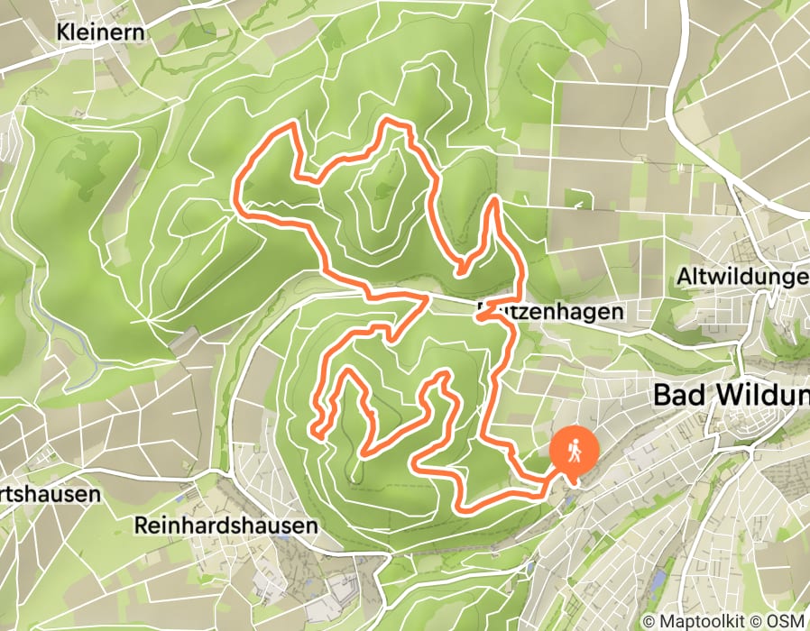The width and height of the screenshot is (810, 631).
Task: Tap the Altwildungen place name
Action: tap(741, 279)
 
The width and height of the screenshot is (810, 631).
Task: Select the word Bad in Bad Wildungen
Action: tap(676, 396)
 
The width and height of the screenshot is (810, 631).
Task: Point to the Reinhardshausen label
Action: tap(226, 525)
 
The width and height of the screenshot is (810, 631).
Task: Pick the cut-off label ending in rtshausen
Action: tap(49, 495)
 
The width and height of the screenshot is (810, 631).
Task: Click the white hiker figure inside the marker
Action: tap(574, 447)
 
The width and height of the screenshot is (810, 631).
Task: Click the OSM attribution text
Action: tap(787, 621)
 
